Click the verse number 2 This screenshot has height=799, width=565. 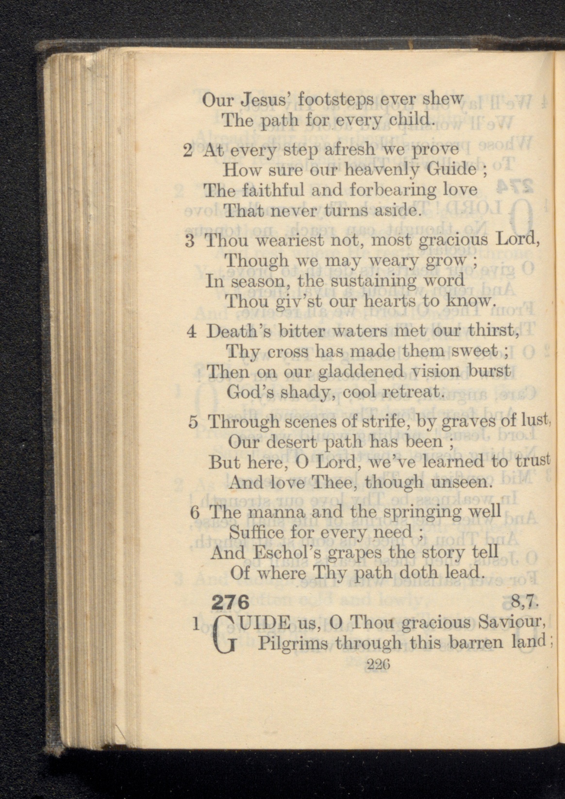[188, 150]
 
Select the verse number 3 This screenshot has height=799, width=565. [190, 241]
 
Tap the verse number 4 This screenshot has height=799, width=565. [191, 331]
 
